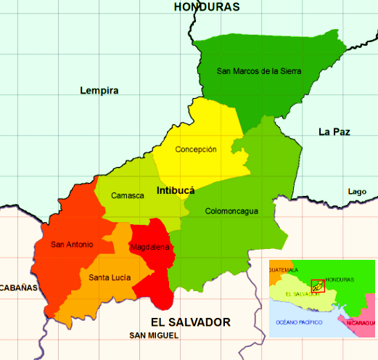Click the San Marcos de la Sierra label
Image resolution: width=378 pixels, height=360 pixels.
(259, 71)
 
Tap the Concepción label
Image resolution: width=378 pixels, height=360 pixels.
(196, 150)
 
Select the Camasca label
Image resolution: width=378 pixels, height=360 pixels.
(127, 196)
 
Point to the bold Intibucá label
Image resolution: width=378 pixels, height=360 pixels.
(176, 191)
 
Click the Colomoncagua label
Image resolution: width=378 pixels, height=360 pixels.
(231, 212)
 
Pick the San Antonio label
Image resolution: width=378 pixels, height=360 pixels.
(72, 245)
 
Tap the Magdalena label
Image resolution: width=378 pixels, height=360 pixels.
(150, 247)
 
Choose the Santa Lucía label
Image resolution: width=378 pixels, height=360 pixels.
(110, 277)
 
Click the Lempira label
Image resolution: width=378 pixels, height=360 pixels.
(99, 91)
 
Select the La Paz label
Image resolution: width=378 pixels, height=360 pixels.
(334, 131)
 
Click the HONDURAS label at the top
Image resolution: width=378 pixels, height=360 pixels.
(207, 7)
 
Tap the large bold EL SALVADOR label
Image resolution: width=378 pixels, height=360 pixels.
(190, 322)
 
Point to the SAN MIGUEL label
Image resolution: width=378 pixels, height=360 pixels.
(153, 335)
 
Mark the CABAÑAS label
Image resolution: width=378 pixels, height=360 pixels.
(17, 288)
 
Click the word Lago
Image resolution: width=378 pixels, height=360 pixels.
(357, 192)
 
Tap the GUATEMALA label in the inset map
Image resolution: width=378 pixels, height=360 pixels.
(284, 270)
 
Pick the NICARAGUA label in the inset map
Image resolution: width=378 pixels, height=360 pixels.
(361, 322)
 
